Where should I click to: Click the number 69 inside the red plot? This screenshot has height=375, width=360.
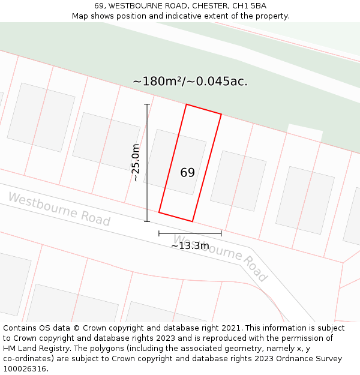pyautogui.click(x=187, y=173)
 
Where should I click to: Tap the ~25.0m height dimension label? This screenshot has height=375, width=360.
pyautogui.click(x=136, y=163)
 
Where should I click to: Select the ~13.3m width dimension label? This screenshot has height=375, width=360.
pyautogui.click(x=190, y=245)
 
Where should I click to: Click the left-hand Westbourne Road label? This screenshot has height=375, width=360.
pyautogui.click(x=59, y=209)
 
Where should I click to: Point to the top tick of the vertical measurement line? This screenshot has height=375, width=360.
pyautogui.click(x=147, y=104)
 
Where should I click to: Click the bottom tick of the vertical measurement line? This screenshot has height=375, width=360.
pyautogui.click(x=147, y=221)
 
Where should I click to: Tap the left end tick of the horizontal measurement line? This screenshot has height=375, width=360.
pyautogui.click(x=159, y=233)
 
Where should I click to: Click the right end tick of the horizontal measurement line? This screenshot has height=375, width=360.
pyautogui.click(x=221, y=233)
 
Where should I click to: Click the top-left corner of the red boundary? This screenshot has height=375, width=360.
pyautogui.click(x=186, y=104)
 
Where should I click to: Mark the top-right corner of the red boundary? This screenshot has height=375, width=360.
pyautogui.click(x=221, y=114)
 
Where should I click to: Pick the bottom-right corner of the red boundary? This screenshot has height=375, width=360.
pyautogui.click(x=193, y=221)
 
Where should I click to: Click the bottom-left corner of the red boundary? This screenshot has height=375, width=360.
pyautogui.click(x=159, y=212)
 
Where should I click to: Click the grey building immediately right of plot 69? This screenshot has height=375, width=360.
pyautogui.click(x=238, y=181)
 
